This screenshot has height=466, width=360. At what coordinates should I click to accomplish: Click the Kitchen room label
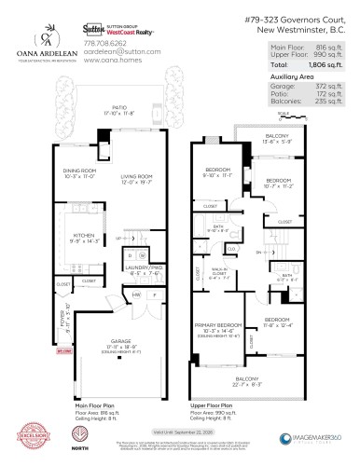[x=77, y=235]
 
